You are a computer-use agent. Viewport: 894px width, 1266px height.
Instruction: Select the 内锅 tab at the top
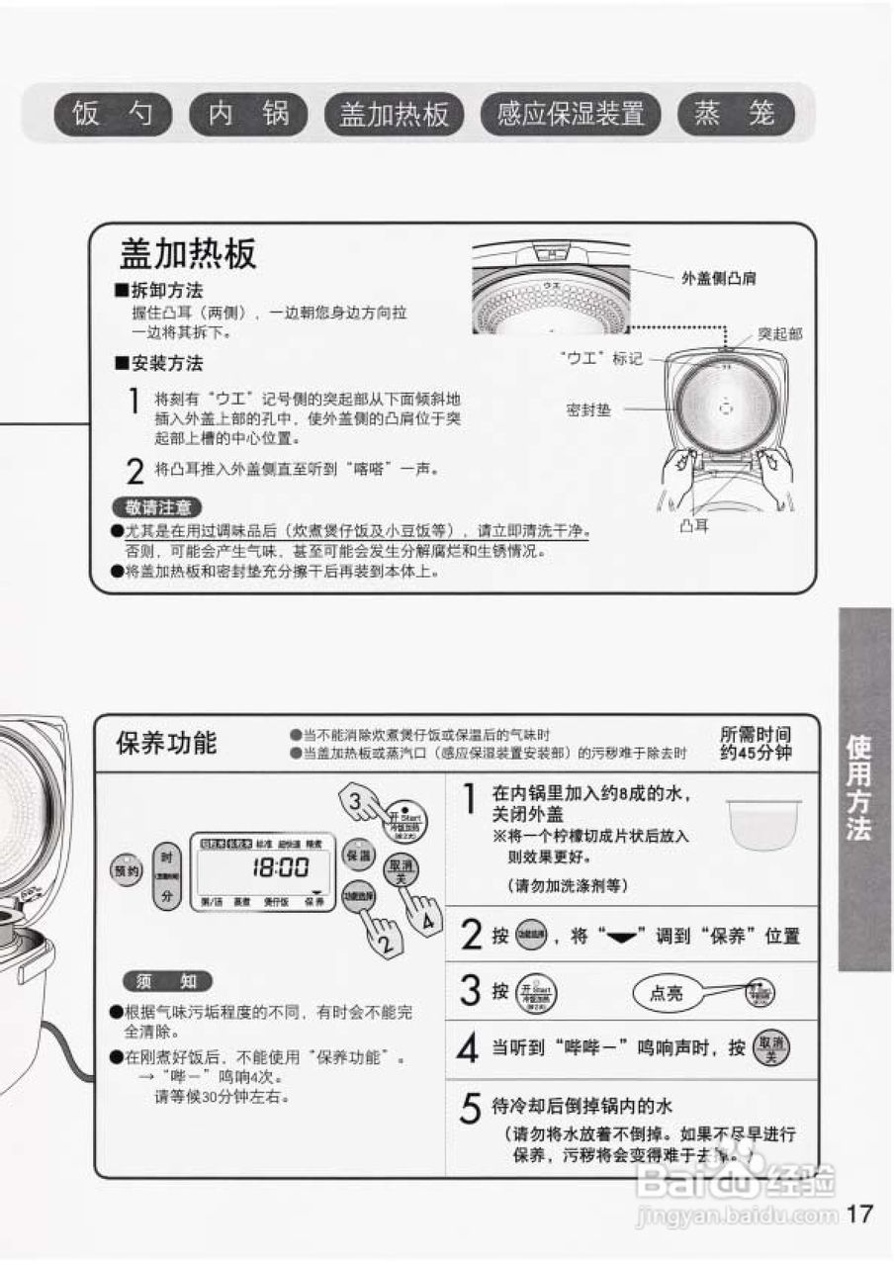[249, 115]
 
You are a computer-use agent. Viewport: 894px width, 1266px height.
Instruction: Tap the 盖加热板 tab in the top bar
[394, 115]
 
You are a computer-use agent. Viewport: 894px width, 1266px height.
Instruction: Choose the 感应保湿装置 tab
[571, 115]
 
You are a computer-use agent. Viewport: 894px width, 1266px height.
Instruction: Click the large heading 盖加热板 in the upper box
[188, 254]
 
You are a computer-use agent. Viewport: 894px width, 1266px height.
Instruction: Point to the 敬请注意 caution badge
[157, 507]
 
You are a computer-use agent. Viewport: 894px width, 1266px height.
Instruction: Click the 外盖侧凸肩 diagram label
[719, 279]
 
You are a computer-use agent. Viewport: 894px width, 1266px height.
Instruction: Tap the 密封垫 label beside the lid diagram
[587, 408]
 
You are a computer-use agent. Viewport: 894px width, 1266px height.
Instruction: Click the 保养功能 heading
[166, 743]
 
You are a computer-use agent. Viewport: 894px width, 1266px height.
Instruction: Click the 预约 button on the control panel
[126, 870]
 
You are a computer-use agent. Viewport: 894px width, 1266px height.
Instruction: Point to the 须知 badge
[167, 981]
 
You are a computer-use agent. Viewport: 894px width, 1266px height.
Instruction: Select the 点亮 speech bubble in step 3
[666, 993]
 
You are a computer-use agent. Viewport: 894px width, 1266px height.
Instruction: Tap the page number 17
[860, 1214]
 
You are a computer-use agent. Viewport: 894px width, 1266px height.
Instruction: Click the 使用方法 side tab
[863, 787]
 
